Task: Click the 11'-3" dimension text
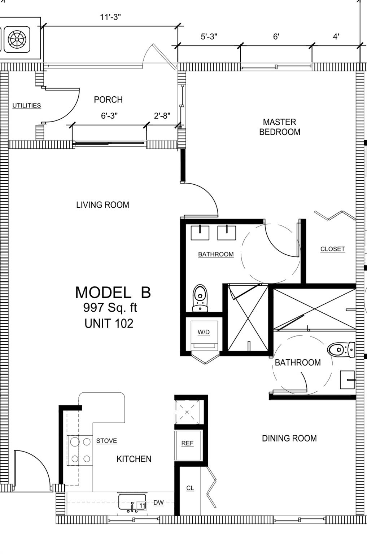[x=110, y=17]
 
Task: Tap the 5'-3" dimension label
[x=209, y=36]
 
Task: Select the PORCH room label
[x=108, y=100]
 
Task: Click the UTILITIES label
[x=27, y=106]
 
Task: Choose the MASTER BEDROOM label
[x=280, y=127]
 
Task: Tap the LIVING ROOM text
[x=103, y=205]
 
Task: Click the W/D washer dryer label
[x=204, y=332]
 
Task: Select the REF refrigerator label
[x=187, y=443]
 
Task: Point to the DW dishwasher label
[x=158, y=502]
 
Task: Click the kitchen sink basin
[x=132, y=502]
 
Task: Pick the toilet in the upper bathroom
[x=200, y=298]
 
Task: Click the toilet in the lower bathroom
[x=341, y=350]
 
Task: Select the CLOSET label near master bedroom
[x=333, y=249]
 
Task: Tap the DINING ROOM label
[x=289, y=438]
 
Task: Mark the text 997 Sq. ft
[x=110, y=308]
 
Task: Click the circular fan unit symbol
[x=17, y=39]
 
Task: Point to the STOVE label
[x=106, y=441]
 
